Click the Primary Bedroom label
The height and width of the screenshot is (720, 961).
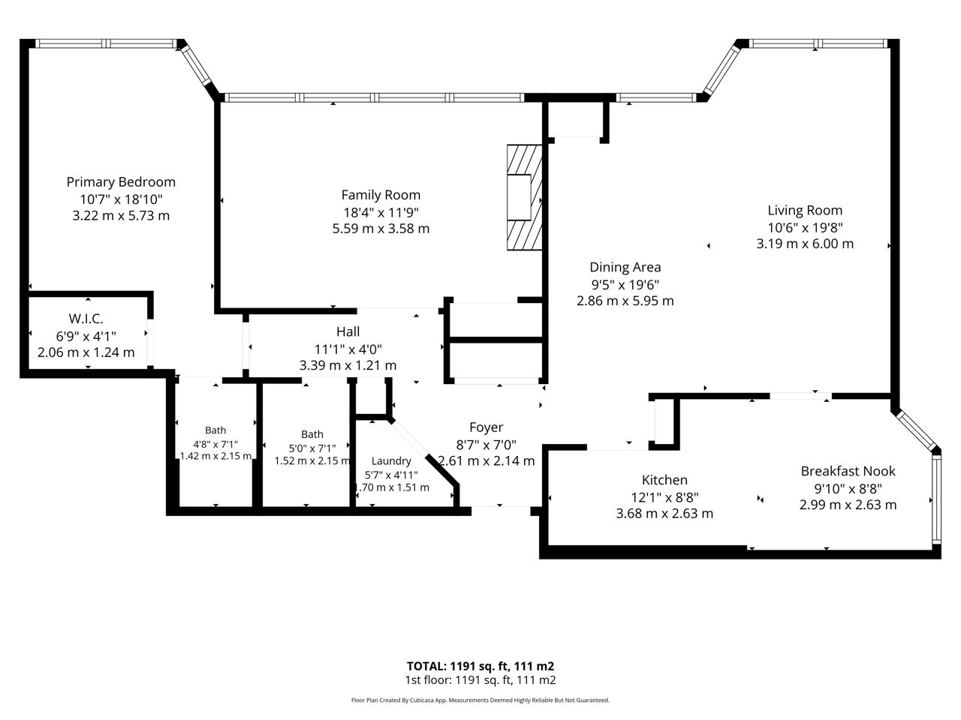click(x=121, y=181)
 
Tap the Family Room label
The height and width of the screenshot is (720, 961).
click(x=381, y=194)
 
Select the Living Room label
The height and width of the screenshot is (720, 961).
click(x=805, y=210)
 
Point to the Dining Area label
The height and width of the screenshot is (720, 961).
click(x=625, y=267)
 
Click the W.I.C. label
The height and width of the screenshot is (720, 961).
click(x=86, y=319)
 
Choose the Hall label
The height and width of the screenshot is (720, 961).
click(x=348, y=331)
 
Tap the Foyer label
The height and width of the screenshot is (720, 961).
click(x=486, y=427)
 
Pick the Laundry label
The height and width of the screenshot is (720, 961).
click(x=391, y=461)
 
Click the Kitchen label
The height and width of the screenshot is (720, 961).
click(x=664, y=480)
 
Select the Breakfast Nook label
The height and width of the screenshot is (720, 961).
click(x=848, y=471)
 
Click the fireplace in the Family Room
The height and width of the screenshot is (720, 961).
click(x=525, y=197)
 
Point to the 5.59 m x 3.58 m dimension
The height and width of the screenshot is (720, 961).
click(x=381, y=229)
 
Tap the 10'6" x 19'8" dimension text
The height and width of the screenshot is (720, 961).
click(x=805, y=228)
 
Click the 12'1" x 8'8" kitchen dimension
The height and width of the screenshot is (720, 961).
click(x=664, y=497)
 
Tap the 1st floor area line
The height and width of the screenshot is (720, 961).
click(x=480, y=680)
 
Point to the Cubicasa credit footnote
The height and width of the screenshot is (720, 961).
click(x=480, y=700)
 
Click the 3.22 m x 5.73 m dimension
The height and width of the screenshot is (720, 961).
click(x=121, y=215)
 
